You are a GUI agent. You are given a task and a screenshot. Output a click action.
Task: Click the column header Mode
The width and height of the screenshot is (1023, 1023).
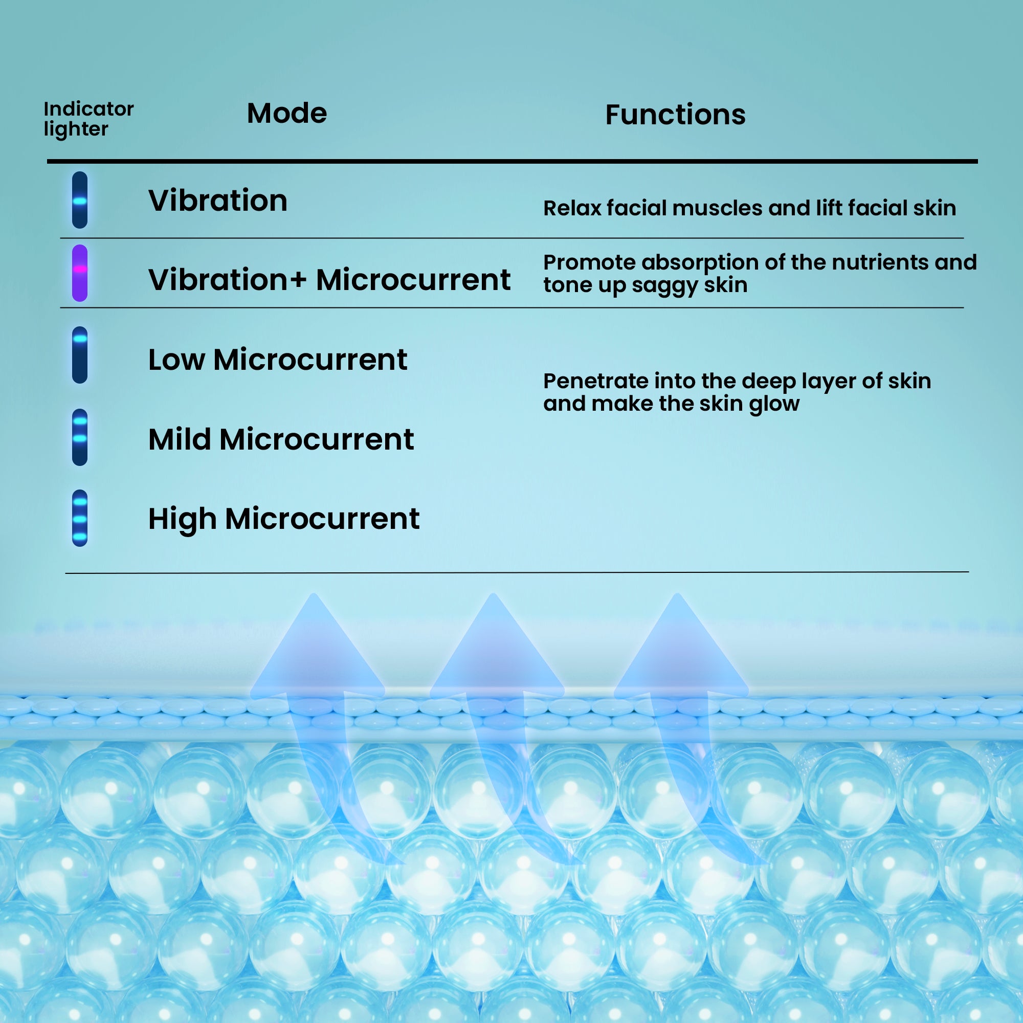287,114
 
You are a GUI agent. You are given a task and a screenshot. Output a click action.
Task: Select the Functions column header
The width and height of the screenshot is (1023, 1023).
675,115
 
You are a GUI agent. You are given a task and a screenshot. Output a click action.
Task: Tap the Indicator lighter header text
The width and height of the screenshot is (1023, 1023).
88,119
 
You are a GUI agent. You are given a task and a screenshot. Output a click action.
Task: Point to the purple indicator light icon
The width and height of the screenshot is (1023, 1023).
79,273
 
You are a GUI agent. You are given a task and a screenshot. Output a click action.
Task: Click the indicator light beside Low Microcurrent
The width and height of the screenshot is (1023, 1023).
79,355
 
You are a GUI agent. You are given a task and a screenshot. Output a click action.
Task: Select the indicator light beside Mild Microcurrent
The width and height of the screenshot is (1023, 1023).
79,437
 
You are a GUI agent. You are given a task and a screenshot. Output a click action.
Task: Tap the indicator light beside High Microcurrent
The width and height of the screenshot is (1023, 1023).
79,518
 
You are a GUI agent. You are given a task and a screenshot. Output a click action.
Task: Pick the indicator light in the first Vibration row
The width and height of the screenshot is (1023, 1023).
79,200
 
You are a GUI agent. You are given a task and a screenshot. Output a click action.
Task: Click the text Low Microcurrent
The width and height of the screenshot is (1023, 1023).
277,360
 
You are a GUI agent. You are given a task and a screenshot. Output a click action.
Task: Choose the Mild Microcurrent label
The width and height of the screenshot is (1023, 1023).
281,439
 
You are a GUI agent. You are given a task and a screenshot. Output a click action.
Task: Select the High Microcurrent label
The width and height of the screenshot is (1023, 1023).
284,519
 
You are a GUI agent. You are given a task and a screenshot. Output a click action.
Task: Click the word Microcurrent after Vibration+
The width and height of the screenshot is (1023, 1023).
413,280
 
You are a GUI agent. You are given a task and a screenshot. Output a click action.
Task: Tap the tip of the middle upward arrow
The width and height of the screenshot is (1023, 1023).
494,593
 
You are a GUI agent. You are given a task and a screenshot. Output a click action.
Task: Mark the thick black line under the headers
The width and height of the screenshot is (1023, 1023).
512,161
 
